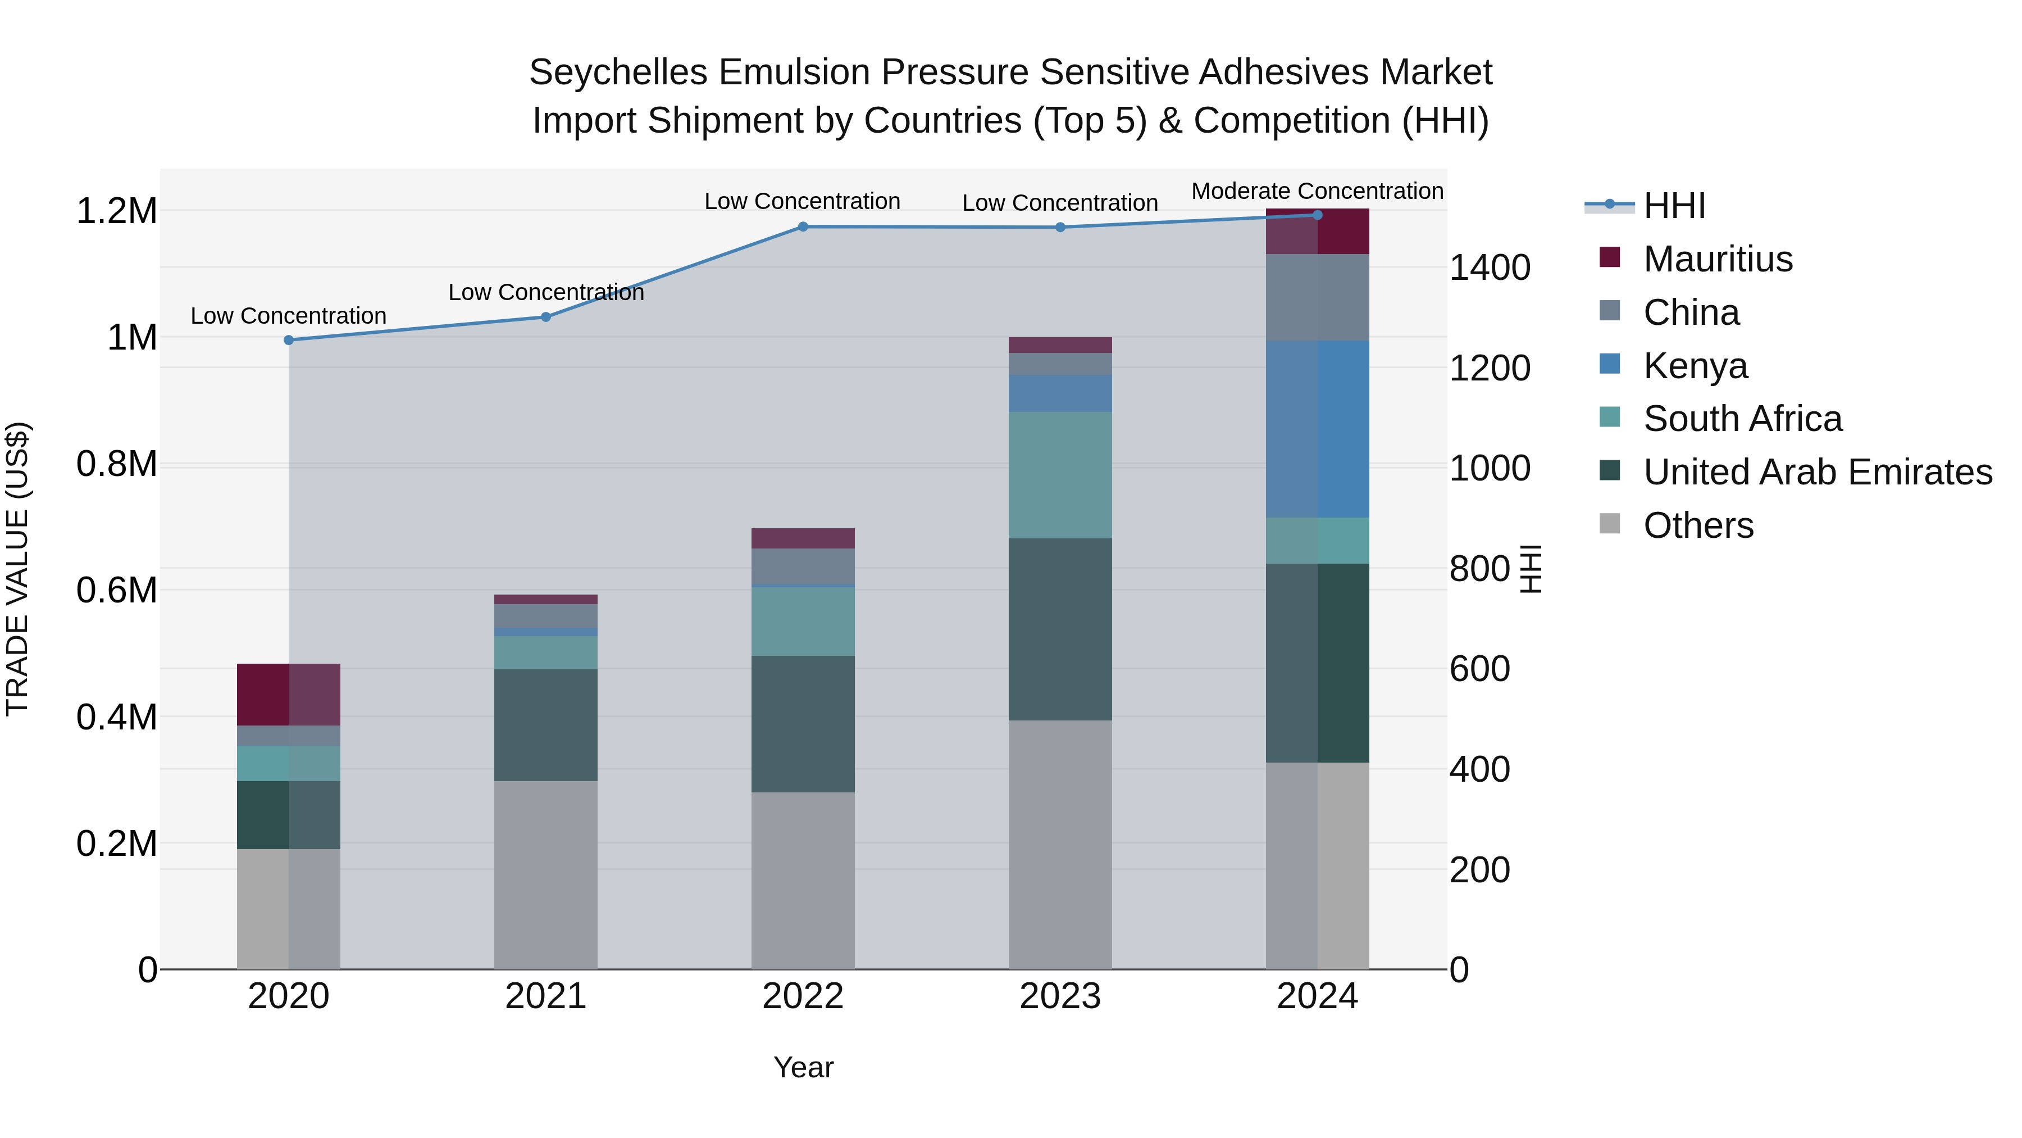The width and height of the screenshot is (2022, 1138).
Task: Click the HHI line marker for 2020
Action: [x=289, y=340]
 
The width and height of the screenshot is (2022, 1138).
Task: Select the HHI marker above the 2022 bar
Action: [x=803, y=227]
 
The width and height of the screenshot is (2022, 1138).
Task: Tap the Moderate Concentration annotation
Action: [x=1317, y=191]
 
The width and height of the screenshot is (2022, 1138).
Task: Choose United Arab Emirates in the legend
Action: [x=1817, y=472]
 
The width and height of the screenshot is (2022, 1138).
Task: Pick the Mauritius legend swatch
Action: [x=1609, y=257]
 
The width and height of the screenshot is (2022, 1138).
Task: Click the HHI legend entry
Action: [x=1674, y=206]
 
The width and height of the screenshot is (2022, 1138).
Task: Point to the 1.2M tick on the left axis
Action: [x=116, y=211]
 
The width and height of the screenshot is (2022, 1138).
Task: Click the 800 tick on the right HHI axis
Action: [x=1479, y=569]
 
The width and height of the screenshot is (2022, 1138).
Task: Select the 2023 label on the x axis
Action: [x=1060, y=996]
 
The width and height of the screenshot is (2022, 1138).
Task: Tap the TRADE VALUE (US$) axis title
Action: [x=17, y=569]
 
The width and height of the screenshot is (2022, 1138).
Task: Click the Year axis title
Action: [x=803, y=1067]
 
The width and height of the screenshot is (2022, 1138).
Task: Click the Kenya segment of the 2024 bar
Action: [x=1317, y=429]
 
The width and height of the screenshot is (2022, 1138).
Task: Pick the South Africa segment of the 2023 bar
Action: [x=1060, y=474]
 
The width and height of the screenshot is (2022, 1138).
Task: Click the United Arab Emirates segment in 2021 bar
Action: [x=545, y=724]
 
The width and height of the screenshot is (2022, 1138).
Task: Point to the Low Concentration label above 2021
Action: [x=545, y=292]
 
